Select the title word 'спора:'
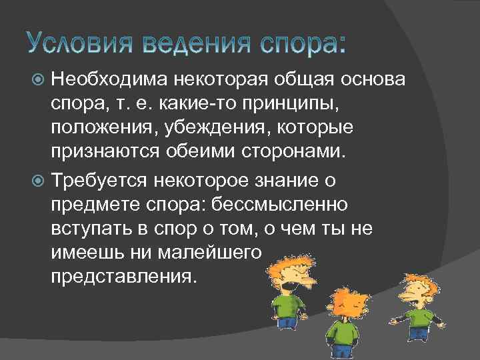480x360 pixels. click(x=304, y=44)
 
